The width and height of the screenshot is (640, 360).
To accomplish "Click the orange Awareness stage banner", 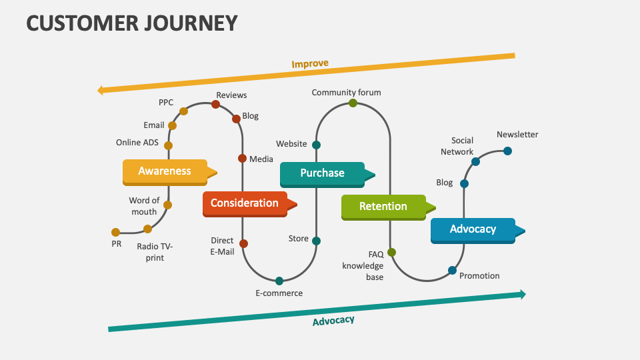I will (x=165, y=171).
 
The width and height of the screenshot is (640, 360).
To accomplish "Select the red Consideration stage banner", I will (x=245, y=203).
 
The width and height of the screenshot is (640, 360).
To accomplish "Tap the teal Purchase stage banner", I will (x=322, y=173).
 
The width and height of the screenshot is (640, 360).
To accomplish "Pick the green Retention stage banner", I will (x=383, y=207).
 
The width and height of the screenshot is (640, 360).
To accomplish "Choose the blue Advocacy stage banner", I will (x=473, y=229).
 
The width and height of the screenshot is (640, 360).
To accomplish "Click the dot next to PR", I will (x=116, y=232).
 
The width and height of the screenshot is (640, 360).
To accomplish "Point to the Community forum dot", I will (x=353, y=103).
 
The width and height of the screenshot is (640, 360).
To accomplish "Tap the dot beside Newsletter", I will (x=507, y=151).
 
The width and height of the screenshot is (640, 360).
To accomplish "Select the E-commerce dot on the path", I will (x=279, y=281).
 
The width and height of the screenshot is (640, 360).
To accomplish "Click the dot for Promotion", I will (x=452, y=270).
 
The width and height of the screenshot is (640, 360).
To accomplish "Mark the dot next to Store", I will (x=316, y=241).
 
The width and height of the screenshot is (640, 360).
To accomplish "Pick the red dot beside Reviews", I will (x=215, y=104).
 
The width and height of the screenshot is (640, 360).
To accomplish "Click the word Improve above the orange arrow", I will (x=310, y=64).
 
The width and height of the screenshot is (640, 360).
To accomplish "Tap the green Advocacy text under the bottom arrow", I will (x=333, y=321).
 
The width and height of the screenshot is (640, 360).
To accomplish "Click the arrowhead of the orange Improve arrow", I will (x=101, y=90).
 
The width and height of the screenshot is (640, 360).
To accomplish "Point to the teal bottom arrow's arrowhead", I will (x=522, y=294).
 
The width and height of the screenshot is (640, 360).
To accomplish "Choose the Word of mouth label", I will (x=144, y=206).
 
